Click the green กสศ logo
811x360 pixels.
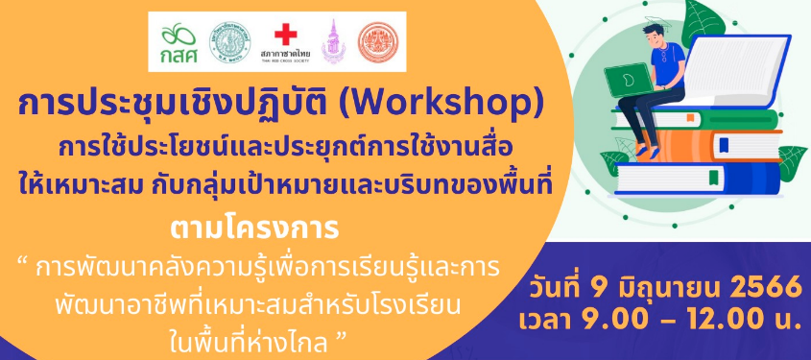pos(178,41)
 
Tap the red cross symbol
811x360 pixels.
pos(285,36)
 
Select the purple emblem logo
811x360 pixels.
pos(334,41)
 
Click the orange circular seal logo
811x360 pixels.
pos(379,42)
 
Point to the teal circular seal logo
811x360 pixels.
pos(230,42)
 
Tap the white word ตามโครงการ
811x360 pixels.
pos(254,228)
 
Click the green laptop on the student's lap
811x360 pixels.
pos(628,82)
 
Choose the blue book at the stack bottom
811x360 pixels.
pos(699,179)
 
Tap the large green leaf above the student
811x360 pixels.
pos(703,21)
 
